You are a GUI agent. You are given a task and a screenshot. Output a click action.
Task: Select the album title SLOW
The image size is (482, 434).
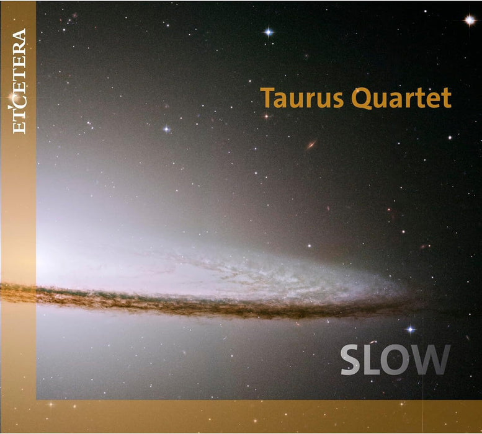point(395,361)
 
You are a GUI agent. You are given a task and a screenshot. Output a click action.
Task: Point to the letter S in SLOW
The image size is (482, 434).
point(351,361)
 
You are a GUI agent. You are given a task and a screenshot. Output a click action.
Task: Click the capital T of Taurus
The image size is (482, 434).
point(267,98)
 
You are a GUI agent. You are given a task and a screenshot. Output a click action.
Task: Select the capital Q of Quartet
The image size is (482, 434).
point(364,99)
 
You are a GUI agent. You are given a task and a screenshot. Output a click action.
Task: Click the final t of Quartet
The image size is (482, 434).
point(447,99)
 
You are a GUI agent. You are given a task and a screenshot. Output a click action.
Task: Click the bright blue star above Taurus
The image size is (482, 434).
point(268,32)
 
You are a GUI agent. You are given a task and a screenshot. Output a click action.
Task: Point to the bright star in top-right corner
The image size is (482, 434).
point(470,20)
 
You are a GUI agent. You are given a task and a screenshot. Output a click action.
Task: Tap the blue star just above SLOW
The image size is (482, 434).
point(410,329)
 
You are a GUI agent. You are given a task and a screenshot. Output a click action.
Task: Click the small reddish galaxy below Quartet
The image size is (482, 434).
point(311,145)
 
